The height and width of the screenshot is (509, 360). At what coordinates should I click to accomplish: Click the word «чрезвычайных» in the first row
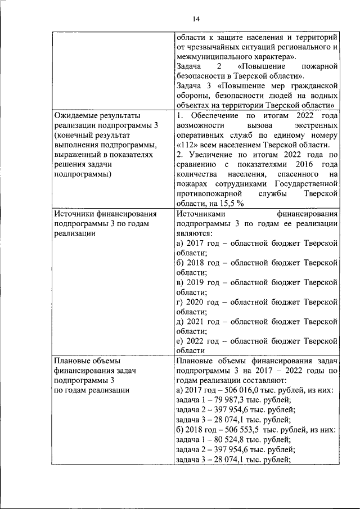(x=214, y=47)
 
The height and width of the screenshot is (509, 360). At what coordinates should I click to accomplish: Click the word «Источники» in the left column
(x=76, y=213)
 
